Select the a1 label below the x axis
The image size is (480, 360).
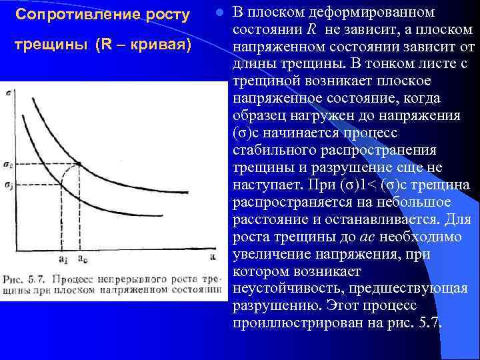[x=64, y=258]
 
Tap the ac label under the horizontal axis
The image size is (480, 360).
[x=81, y=258]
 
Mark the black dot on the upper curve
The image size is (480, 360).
[x=79, y=165]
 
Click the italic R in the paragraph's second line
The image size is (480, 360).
[x=311, y=30]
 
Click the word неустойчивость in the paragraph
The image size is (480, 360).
[x=283, y=289]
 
